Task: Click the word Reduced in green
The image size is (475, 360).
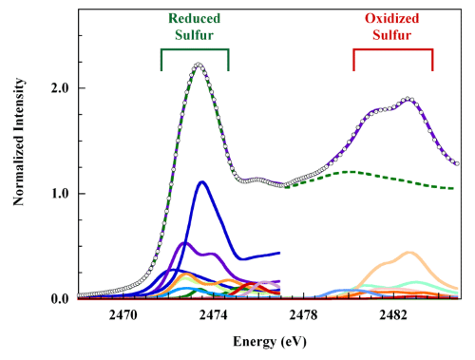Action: (x=196, y=16)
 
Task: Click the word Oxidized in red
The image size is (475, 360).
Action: (x=393, y=16)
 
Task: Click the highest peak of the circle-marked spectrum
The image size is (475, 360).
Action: (x=199, y=65)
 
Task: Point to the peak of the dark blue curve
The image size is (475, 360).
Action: (x=202, y=181)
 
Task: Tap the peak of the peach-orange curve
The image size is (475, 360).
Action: (x=409, y=253)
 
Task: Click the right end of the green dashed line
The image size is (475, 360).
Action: (x=457, y=187)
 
